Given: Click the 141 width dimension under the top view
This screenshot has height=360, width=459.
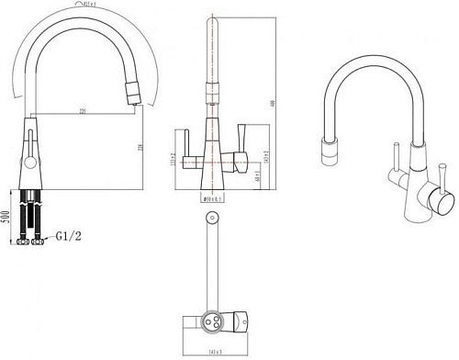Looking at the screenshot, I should (x=218, y=350).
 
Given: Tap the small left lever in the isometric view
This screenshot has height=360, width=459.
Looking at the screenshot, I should (x=397, y=156).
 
